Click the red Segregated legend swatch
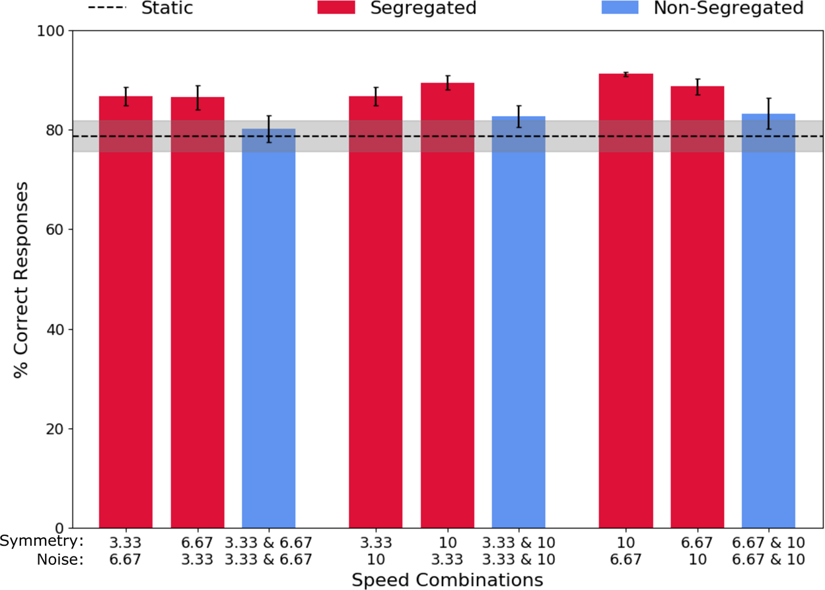click(x=337, y=8)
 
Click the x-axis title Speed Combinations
click(x=447, y=580)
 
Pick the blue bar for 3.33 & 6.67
click(x=268, y=330)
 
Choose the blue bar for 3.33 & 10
click(x=519, y=323)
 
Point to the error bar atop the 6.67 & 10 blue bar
click(x=768, y=113)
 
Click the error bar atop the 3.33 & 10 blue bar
click(x=519, y=116)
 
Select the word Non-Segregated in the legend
click(x=729, y=8)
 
